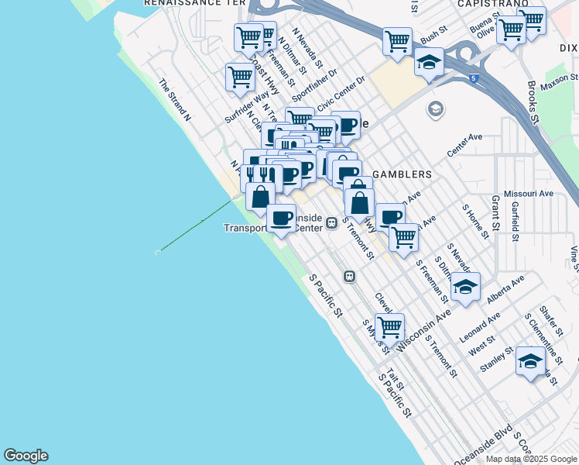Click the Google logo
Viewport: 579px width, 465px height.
click(26, 456)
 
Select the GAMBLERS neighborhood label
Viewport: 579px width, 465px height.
click(402, 174)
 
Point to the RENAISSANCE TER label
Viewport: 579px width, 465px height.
click(190, 3)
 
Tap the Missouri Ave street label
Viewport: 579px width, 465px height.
click(529, 193)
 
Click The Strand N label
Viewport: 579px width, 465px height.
click(174, 100)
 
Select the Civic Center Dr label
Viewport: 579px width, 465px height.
click(341, 95)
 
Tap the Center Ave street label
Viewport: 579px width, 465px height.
click(464, 146)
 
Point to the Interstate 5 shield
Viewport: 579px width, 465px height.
click(472, 78)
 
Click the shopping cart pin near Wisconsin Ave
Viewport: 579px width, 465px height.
click(389, 326)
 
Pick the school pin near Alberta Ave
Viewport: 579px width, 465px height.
click(465, 287)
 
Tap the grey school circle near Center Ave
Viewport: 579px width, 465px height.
click(436, 110)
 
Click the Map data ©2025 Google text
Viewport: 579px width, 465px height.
click(531, 459)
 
